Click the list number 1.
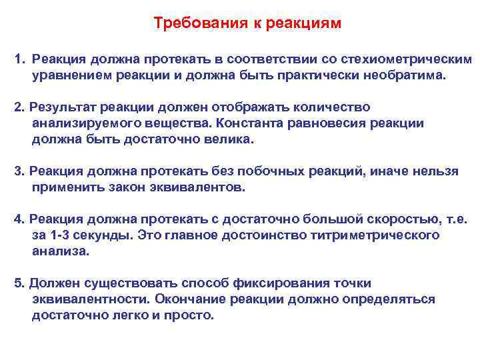(18, 60)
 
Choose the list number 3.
(18, 171)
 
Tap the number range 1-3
(62, 235)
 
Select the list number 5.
(18, 283)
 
